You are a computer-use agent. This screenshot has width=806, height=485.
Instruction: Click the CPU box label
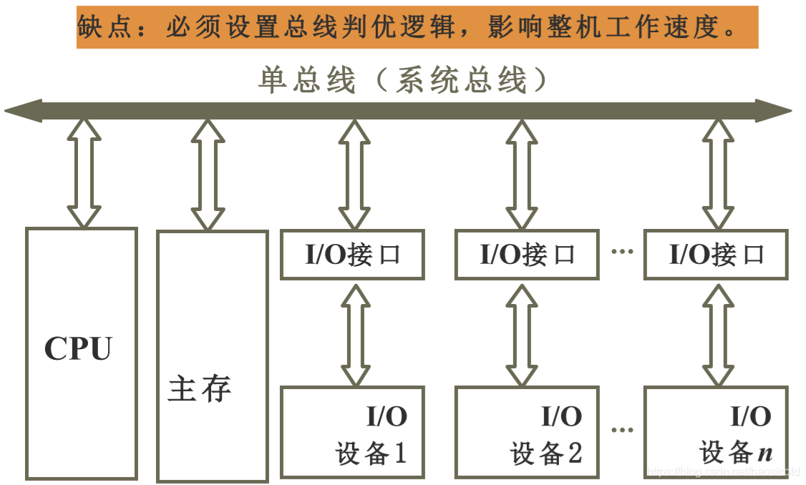[x=79, y=349]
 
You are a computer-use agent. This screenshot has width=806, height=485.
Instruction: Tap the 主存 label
[x=200, y=390]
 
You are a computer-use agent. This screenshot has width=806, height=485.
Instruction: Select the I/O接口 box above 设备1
[x=352, y=255]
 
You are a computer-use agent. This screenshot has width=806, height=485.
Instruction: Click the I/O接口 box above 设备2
[x=527, y=255]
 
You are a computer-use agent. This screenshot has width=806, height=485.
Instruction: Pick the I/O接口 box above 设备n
[x=716, y=255]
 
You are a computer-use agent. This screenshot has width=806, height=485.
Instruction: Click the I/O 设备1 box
[x=352, y=433]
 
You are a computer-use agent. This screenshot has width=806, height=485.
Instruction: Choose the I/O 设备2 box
[x=527, y=433]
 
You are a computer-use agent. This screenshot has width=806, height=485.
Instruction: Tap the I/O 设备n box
[x=716, y=433]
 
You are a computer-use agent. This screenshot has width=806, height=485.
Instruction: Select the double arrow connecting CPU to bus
[x=84, y=174]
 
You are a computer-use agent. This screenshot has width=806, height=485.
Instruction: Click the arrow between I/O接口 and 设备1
[x=356, y=333]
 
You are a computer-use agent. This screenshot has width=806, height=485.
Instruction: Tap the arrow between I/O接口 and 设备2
[x=520, y=333]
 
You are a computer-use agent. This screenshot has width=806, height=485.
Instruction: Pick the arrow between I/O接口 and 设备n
[x=718, y=333]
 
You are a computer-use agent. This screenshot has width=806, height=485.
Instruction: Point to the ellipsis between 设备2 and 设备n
[x=622, y=430]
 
